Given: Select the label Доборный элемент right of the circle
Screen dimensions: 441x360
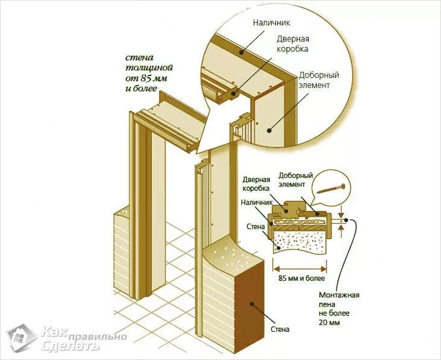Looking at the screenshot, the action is (319, 80).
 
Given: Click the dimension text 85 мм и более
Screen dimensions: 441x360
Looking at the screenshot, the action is (302, 279).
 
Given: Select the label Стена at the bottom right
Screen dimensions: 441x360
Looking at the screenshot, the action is (280, 329).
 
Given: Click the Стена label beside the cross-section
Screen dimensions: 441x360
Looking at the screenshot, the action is (256, 227).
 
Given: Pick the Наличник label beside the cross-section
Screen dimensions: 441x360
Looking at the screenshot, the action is (256, 204).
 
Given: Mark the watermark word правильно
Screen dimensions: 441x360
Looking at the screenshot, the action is (89, 335).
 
